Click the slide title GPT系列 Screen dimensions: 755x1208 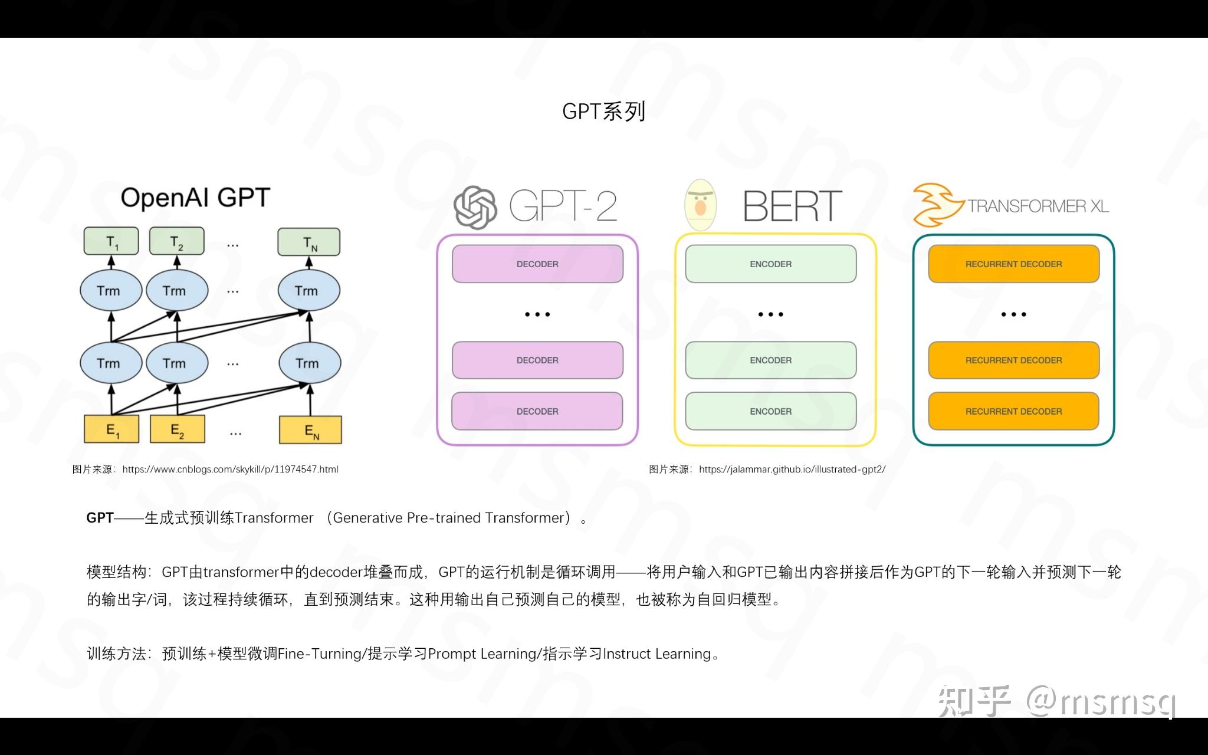tap(603, 111)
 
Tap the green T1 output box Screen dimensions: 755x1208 tap(111, 241)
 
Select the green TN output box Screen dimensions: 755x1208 tap(308, 242)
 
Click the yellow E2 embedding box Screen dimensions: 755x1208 tap(177, 429)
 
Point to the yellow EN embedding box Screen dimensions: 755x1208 tap(310, 430)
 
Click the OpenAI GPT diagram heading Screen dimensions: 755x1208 tap(195, 198)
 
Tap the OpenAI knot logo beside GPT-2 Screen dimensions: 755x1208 tap(475, 207)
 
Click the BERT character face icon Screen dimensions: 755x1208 tap(700, 205)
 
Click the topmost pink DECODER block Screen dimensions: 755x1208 tap(537, 264)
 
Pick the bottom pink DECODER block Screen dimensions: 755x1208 tap(537, 411)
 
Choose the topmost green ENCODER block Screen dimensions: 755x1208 tap(770, 264)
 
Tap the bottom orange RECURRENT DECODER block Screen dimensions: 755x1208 tap(1013, 411)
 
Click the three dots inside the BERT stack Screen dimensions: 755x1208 tap(770, 314)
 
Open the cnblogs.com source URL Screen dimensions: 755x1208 tap(230, 470)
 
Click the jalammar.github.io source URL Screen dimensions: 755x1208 tap(792, 470)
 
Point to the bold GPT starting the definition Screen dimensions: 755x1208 tap(100, 518)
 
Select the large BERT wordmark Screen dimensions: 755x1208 tap(792, 206)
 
